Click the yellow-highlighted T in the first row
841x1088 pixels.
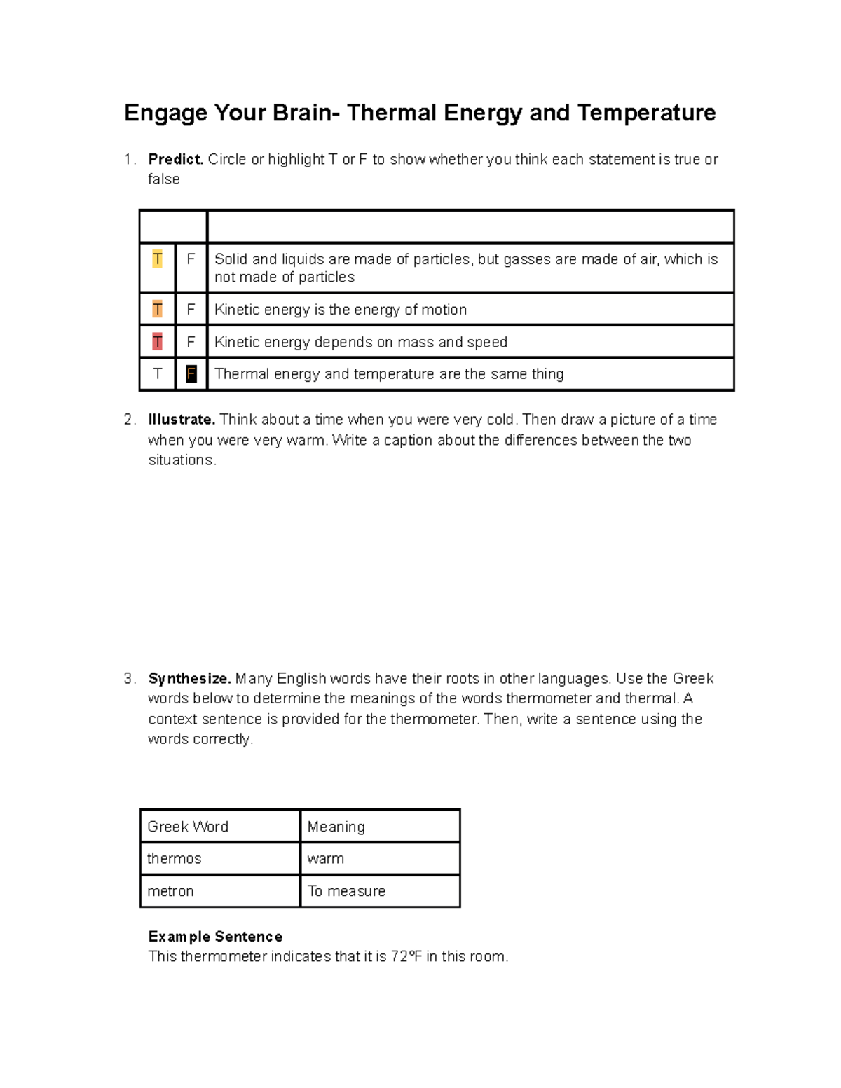[x=157, y=259]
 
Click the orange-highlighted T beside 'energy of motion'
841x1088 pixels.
[x=157, y=310]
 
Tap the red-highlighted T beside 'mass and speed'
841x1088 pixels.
[x=157, y=342]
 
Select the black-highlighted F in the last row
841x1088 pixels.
[x=191, y=374]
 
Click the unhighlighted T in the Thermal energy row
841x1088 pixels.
[x=157, y=374]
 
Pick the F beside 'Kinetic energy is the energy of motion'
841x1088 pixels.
[x=191, y=310]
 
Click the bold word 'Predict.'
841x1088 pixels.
[x=176, y=160]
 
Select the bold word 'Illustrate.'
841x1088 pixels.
[x=182, y=420]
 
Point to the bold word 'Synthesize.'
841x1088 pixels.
[x=189, y=679]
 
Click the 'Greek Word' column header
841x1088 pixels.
[x=188, y=827]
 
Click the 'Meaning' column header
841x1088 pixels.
[x=336, y=827]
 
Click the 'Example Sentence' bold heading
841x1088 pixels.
[x=215, y=937]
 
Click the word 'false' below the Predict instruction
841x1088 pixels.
[x=164, y=179]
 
